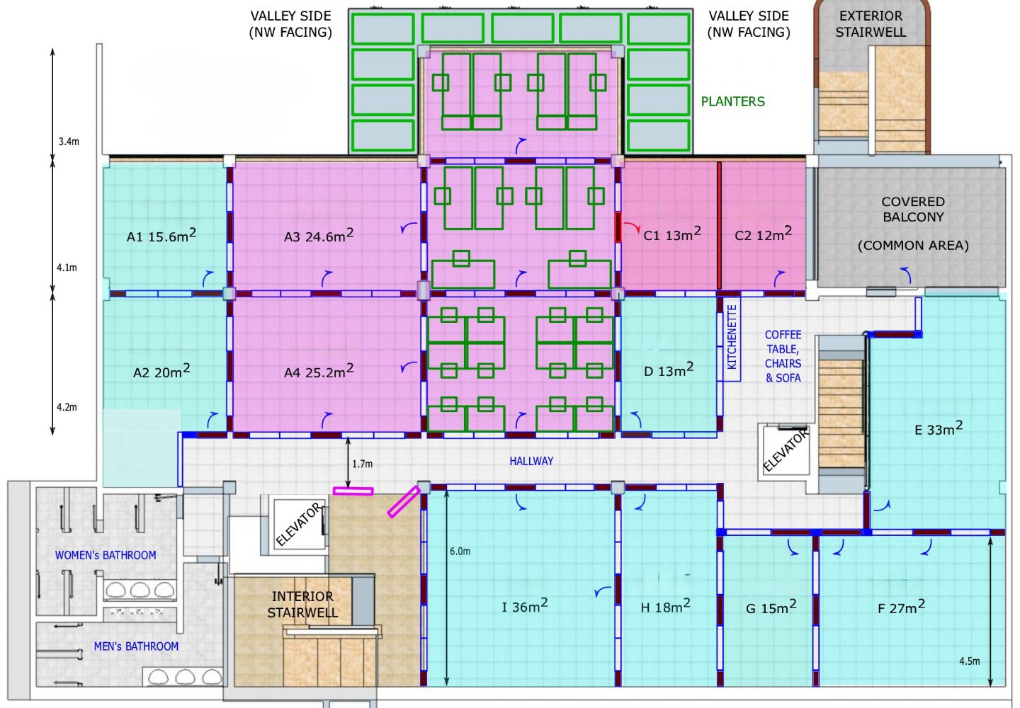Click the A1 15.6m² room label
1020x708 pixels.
pyautogui.click(x=161, y=235)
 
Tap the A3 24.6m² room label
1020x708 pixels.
pyautogui.click(x=319, y=235)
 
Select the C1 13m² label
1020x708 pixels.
pyautogui.click(x=672, y=234)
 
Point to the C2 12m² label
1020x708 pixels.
pyautogui.click(x=763, y=234)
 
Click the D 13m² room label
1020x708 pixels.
pyautogui.click(x=669, y=370)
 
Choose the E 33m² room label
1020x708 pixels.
pyautogui.click(x=939, y=428)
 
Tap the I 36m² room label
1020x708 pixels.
pyautogui.click(x=525, y=605)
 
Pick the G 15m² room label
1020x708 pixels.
pyautogui.click(x=771, y=607)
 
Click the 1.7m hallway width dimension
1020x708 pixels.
pyautogui.click(x=362, y=464)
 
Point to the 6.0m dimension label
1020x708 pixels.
pyautogui.click(x=460, y=552)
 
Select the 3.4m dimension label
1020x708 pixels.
pyautogui.click(x=68, y=142)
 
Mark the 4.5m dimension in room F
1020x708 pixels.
pyautogui.click(x=970, y=661)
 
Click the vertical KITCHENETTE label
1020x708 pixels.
pyautogui.click(x=732, y=337)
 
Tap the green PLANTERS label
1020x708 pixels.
pyautogui.click(x=732, y=101)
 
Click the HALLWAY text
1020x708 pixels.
pyautogui.click(x=531, y=461)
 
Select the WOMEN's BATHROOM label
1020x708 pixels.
pyautogui.click(x=105, y=555)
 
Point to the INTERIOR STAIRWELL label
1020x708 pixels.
pyautogui.click(x=302, y=604)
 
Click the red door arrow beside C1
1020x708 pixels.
pyautogui.click(x=632, y=227)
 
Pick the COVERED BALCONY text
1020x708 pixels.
pyautogui.click(x=913, y=209)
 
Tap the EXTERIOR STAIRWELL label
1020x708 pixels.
pyautogui.click(x=871, y=23)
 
